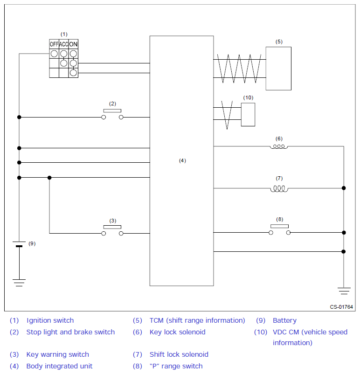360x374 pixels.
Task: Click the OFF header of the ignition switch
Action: coord(54,44)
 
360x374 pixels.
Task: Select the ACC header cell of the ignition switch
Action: coord(64,44)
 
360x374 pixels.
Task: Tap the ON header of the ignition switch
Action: coord(73,44)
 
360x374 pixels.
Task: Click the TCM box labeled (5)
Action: coord(278,68)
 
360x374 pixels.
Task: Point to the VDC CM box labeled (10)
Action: coord(248,115)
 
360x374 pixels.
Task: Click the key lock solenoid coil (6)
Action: coord(279,147)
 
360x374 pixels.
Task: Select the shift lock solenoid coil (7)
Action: coord(279,188)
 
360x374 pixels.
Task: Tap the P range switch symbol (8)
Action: coord(279,230)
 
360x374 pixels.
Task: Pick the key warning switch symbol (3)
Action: coord(112,230)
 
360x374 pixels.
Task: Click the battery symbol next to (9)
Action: coord(19,245)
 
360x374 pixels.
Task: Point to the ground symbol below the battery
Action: coord(19,282)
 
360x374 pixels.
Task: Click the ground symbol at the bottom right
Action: coord(344,291)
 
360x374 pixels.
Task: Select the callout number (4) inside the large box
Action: coord(182,160)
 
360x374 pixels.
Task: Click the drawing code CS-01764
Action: coord(341,307)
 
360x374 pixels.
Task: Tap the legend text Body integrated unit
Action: coord(59,366)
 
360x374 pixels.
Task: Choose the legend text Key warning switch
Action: coord(57,354)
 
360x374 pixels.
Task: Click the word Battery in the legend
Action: coord(284,320)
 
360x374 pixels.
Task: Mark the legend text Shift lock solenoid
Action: coord(179,354)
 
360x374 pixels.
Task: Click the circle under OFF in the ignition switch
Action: coord(54,54)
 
